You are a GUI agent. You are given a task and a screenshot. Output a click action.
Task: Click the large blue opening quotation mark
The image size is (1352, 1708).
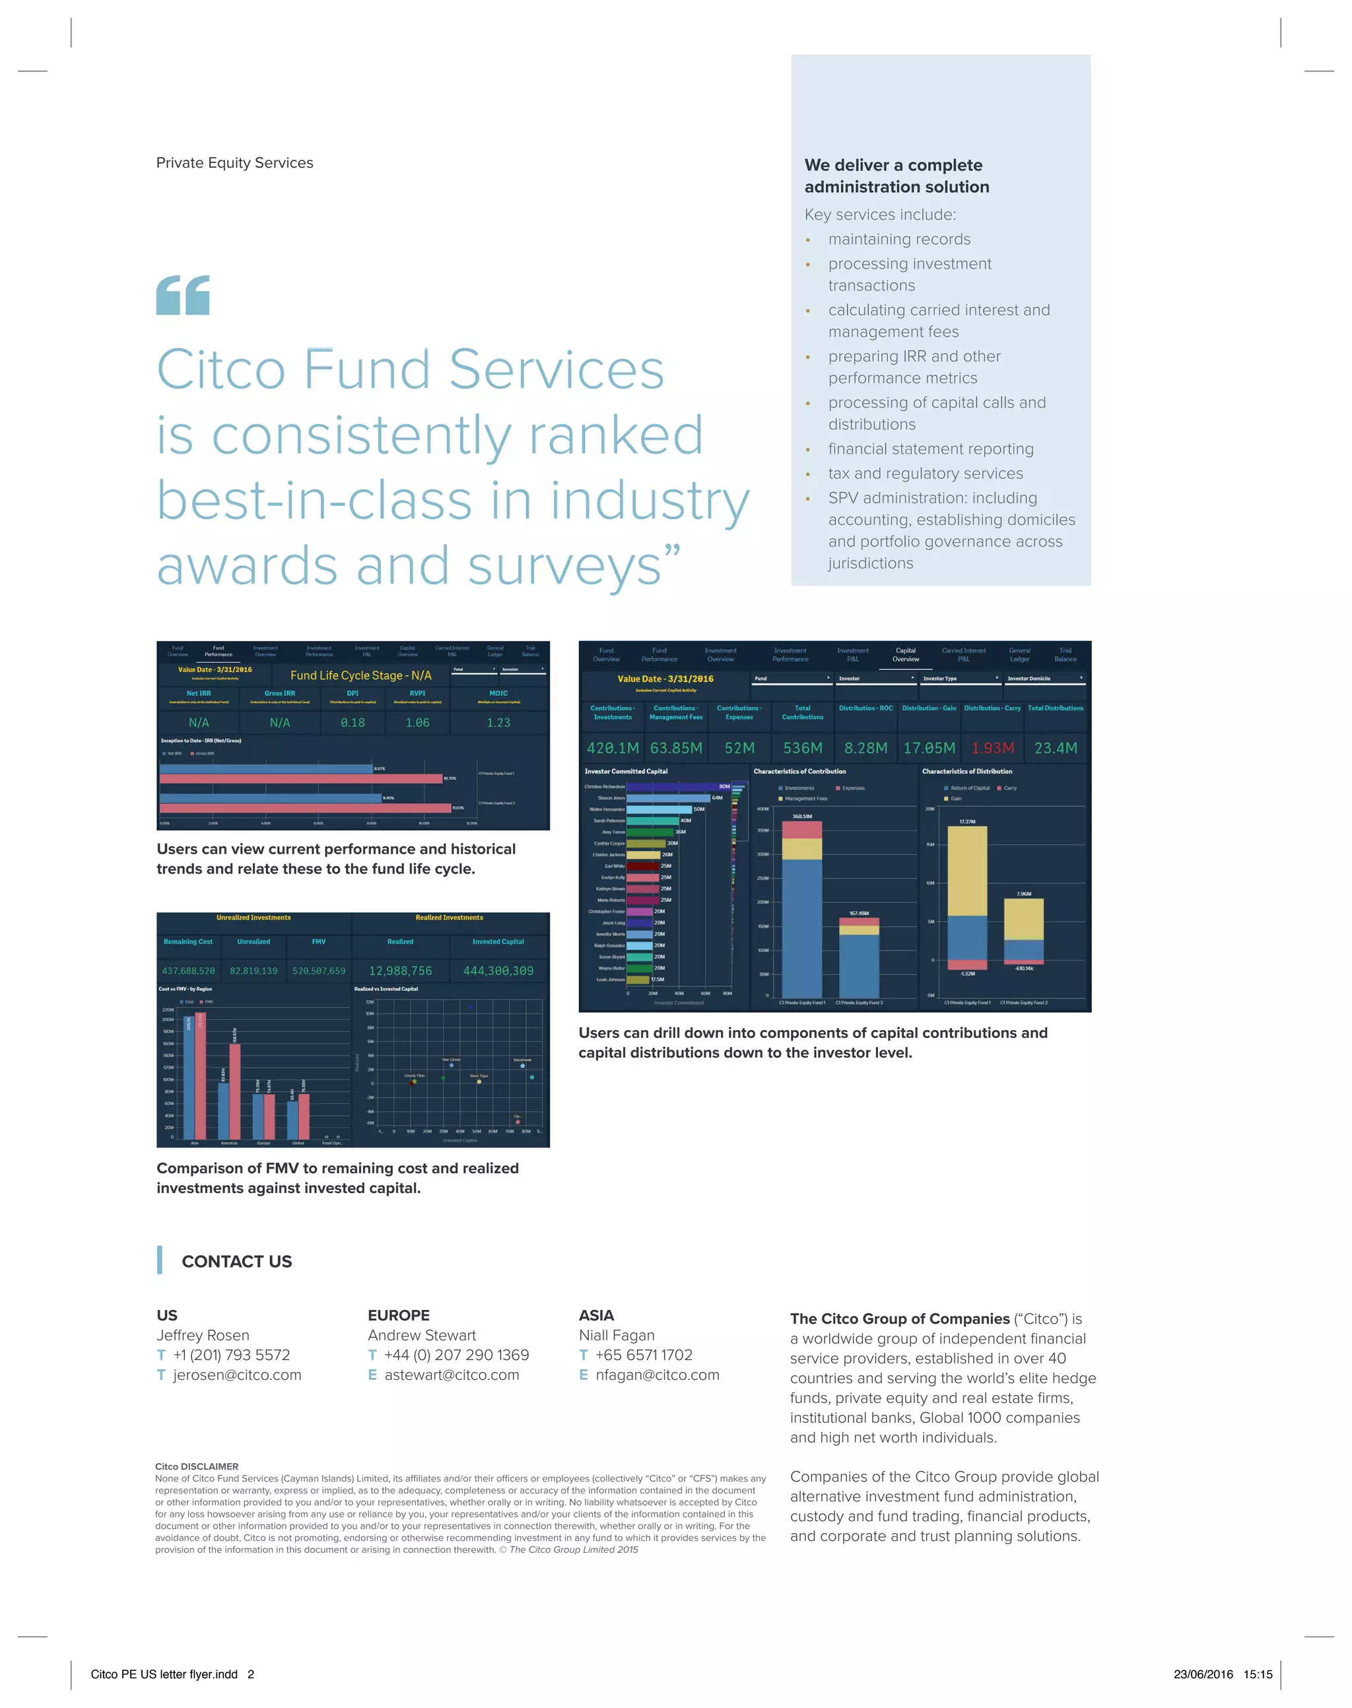[x=183, y=295]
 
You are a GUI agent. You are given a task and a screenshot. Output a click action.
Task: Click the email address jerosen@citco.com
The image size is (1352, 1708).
[x=237, y=1375]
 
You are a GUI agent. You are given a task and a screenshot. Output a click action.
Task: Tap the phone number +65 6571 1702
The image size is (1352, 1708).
[x=644, y=1355]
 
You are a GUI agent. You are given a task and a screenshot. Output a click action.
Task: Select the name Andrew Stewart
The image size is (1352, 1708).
[x=422, y=1335]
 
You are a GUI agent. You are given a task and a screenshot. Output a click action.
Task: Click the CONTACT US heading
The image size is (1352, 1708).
[x=237, y=1262]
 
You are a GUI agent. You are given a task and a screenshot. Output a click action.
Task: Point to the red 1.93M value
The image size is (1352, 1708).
[x=993, y=748]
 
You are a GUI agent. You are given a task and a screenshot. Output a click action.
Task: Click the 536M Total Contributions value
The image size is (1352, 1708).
[x=803, y=748]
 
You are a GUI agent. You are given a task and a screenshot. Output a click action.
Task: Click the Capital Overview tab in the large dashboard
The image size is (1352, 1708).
[x=906, y=654]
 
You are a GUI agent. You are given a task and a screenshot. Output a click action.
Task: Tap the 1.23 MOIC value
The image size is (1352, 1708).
[x=498, y=722]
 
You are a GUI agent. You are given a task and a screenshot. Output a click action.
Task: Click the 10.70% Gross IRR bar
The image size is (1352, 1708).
[x=301, y=779]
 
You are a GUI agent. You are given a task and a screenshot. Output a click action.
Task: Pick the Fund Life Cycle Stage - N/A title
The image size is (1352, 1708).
[x=361, y=675]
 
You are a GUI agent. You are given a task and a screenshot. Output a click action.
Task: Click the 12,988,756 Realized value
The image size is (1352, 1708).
[x=401, y=971]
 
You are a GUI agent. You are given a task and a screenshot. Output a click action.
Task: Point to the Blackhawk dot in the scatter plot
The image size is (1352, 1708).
[x=522, y=1066]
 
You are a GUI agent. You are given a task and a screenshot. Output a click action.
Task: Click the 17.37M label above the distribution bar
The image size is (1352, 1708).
[x=966, y=821]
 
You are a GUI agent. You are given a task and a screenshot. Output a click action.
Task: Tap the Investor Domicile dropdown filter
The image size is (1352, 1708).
[x=1045, y=678]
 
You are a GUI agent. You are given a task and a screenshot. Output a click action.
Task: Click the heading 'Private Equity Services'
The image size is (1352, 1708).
[x=234, y=163]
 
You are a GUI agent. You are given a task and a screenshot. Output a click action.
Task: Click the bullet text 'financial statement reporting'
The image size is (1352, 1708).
[x=931, y=449]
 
